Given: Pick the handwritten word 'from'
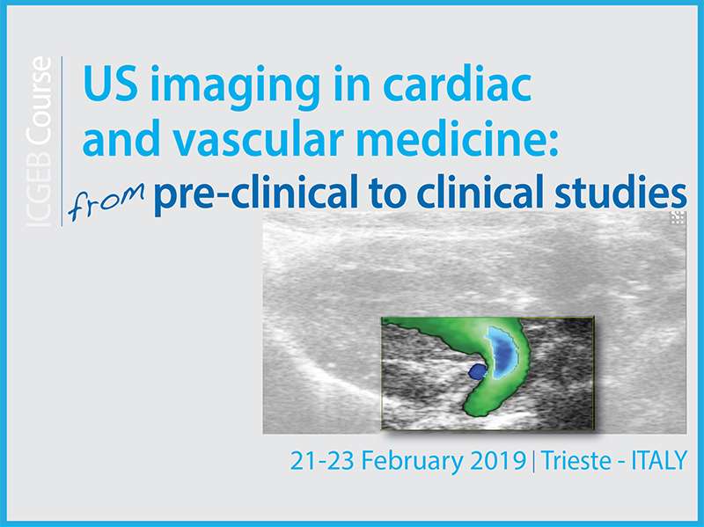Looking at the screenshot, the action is click(106, 201).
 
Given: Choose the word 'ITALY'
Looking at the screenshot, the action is click(659, 460).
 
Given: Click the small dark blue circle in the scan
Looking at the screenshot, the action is click(477, 371).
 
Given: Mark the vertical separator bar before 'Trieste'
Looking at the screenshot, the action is click(534, 462).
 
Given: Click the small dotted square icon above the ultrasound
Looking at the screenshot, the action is click(678, 218).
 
